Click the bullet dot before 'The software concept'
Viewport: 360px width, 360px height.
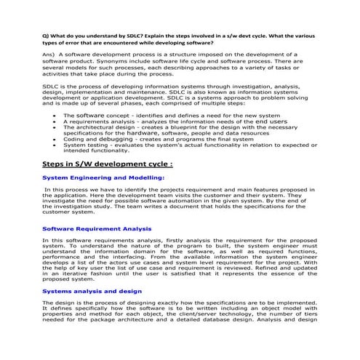coord(55,116)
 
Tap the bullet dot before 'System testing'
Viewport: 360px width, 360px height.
coord(55,145)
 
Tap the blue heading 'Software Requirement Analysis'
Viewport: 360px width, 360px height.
coord(91,229)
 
